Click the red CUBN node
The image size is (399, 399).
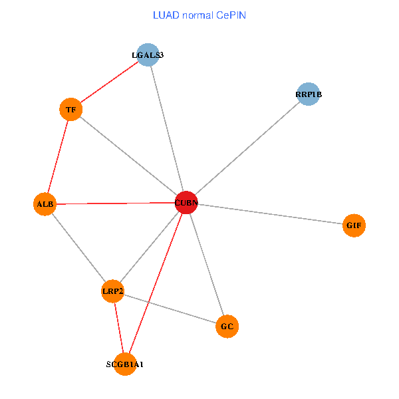pos(186,202)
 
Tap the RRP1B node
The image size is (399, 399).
pos(308,94)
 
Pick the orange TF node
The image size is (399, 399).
pos(71,109)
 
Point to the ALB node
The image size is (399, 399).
pos(45,204)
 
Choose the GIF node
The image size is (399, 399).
pos(354,225)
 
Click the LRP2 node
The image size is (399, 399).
pos(112,291)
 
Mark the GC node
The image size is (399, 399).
pos(227,327)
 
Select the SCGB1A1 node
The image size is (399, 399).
pos(125,364)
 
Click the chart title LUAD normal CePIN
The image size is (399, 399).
pos(199,15)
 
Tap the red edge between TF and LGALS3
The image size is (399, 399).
pos(110,82)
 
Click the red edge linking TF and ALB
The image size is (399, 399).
pos(58,156)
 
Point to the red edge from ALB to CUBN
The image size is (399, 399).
pos(115,203)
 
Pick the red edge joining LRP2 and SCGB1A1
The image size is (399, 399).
pos(118,328)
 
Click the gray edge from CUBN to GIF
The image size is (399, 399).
pos(270,213)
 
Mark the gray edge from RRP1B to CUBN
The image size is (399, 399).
pos(247,148)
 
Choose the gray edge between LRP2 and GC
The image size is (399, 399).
pos(170,309)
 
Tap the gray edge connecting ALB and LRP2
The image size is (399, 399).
pos(78,247)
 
